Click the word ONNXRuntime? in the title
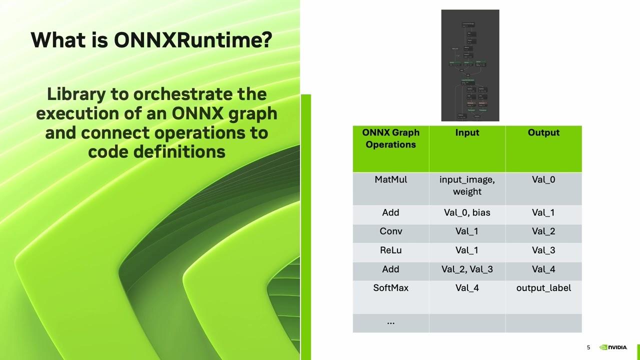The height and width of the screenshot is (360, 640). point(193,40)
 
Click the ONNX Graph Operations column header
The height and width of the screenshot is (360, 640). point(390,138)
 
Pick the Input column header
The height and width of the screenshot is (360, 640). point(467,132)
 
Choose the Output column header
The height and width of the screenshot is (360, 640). point(543,132)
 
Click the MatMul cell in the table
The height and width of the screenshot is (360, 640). point(390,179)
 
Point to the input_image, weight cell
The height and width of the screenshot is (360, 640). point(467,185)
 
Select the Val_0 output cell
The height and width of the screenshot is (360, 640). point(543,179)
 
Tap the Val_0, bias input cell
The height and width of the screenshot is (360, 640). point(467,212)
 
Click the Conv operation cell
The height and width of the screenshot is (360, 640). point(390,231)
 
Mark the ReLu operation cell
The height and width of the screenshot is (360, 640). point(390,250)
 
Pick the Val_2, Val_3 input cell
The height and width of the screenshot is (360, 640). point(467,269)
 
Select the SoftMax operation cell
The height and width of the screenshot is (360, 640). point(390,288)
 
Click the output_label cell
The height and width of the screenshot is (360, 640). point(543,288)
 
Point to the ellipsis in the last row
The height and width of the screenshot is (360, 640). point(390,322)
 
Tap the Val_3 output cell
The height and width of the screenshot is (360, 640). point(543,250)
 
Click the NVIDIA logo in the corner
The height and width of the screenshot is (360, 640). point(613,347)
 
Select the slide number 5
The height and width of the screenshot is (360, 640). point(588,347)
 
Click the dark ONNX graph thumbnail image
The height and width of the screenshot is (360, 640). point(470,65)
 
